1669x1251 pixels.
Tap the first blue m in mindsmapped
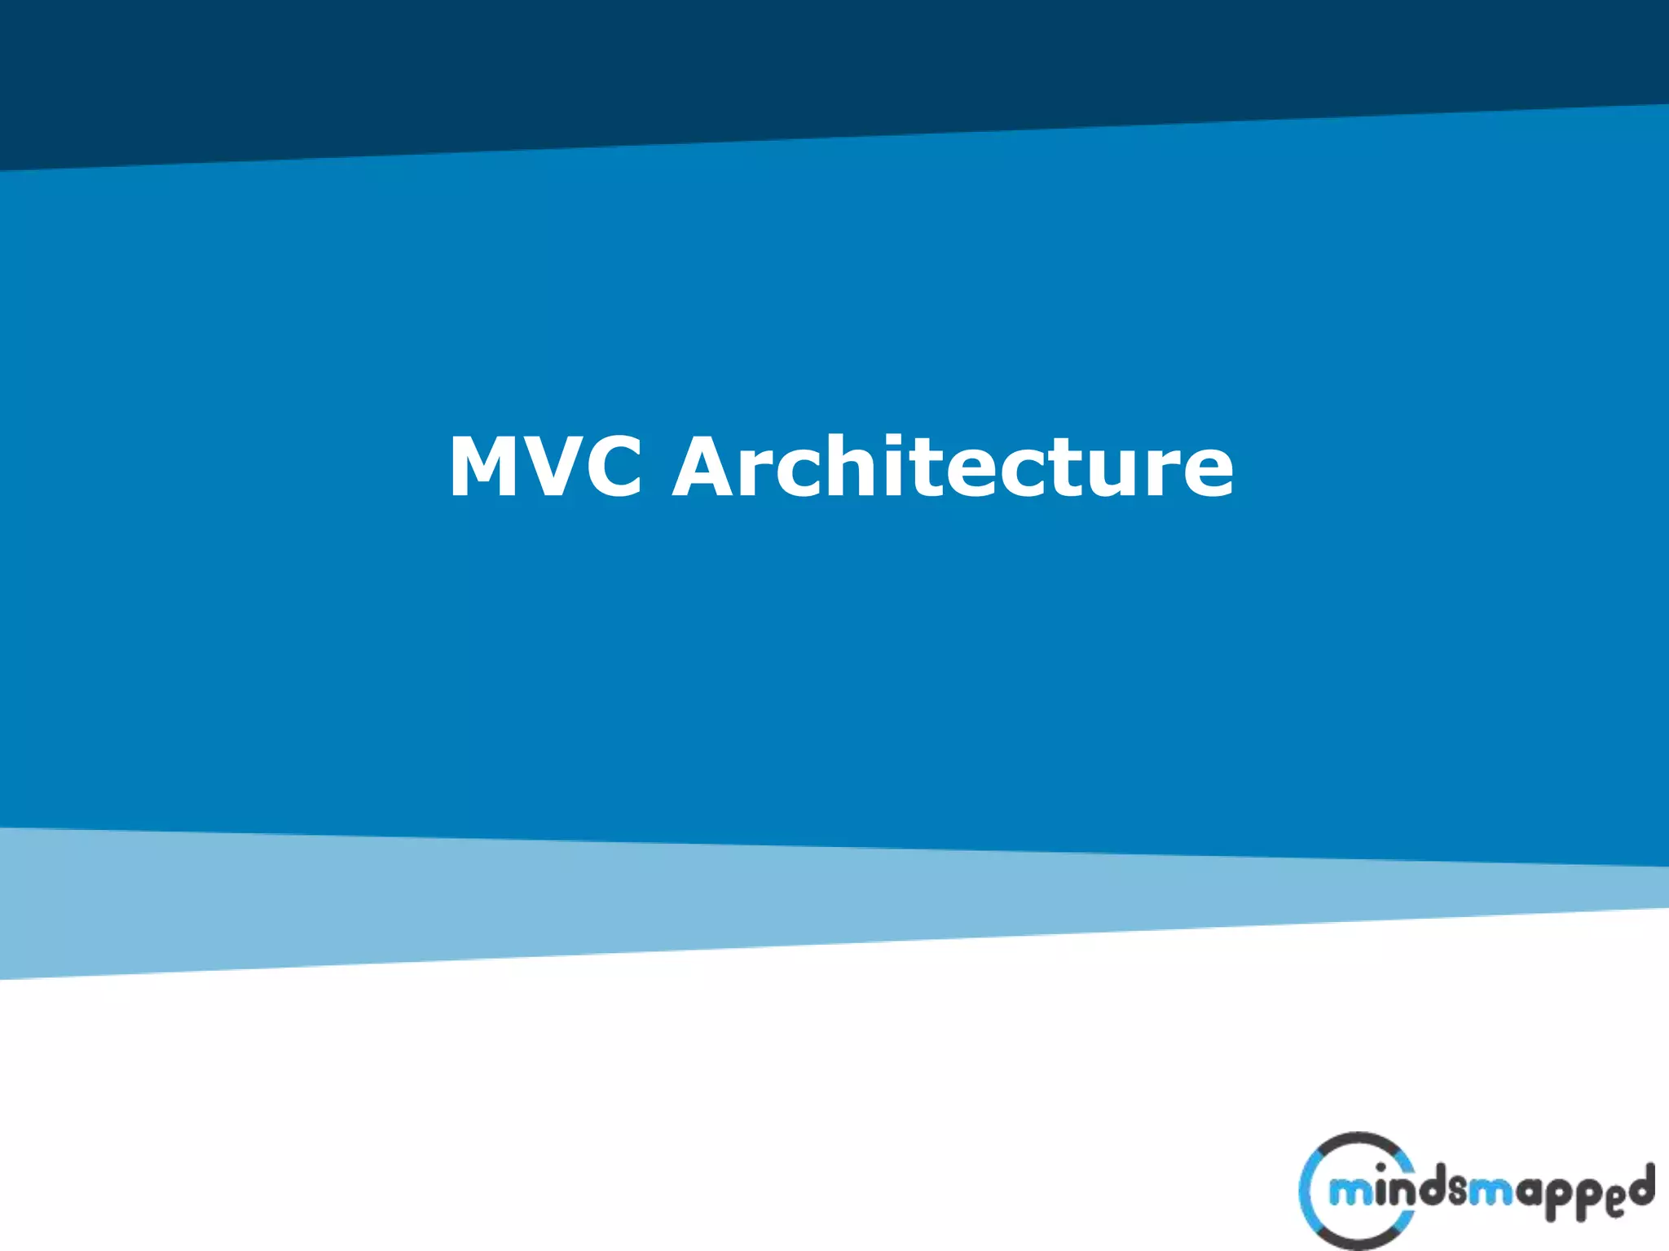coord(1350,1194)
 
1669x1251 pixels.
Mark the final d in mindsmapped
coord(1641,1185)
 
